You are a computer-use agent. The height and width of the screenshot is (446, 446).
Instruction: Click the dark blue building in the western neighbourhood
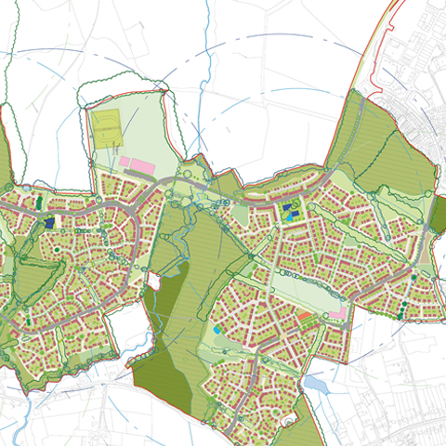47,222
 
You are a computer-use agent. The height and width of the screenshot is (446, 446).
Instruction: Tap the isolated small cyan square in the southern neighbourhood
217,329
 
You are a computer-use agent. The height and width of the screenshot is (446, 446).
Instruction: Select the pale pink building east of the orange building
337,315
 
